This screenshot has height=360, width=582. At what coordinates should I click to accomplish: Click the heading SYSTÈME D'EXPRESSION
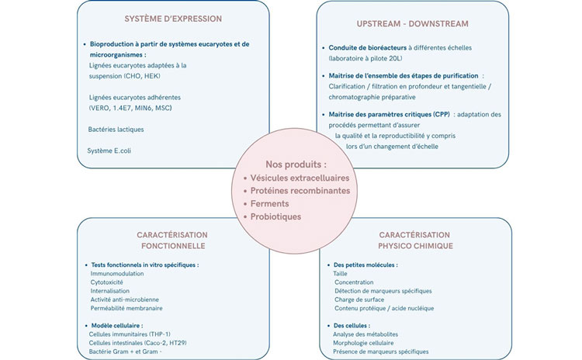click(x=173, y=19)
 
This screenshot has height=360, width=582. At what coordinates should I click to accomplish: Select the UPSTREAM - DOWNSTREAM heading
click(x=412, y=24)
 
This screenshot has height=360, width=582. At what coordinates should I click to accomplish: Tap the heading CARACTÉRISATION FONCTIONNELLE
click(x=173, y=240)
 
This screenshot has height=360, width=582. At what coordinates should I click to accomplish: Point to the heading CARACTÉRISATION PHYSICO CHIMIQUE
click(x=415, y=240)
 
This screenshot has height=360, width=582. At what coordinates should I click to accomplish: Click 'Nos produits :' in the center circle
click(x=296, y=164)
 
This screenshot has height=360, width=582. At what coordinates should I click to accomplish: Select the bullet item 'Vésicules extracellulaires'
click(x=300, y=178)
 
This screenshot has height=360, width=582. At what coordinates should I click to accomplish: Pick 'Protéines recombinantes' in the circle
click(x=300, y=191)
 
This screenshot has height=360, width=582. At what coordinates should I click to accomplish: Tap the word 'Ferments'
click(x=269, y=204)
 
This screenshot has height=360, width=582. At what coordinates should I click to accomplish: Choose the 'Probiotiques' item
click(x=275, y=216)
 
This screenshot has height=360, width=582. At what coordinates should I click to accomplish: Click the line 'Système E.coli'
click(x=109, y=151)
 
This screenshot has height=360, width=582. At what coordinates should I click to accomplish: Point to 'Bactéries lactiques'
click(x=116, y=130)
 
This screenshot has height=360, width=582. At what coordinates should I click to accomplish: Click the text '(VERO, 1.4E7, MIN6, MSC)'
click(x=130, y=109)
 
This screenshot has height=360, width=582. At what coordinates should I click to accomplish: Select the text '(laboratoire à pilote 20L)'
click(x=365, y=58)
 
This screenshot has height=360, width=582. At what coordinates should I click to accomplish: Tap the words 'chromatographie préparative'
click(x=372, y=97)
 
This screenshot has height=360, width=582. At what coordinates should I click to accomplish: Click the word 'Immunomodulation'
click(x=117, y=274)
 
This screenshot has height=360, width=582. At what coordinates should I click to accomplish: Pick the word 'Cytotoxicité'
click(x=106, y=282)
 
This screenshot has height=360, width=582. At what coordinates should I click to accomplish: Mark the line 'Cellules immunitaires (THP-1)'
click(x=130, y=334)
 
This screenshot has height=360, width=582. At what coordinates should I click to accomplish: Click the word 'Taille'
click(x=340, y=274)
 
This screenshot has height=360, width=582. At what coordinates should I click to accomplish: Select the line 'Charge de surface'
click(x=359, y=299)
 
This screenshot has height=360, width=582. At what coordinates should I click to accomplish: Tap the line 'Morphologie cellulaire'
click(x=363, y=343)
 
